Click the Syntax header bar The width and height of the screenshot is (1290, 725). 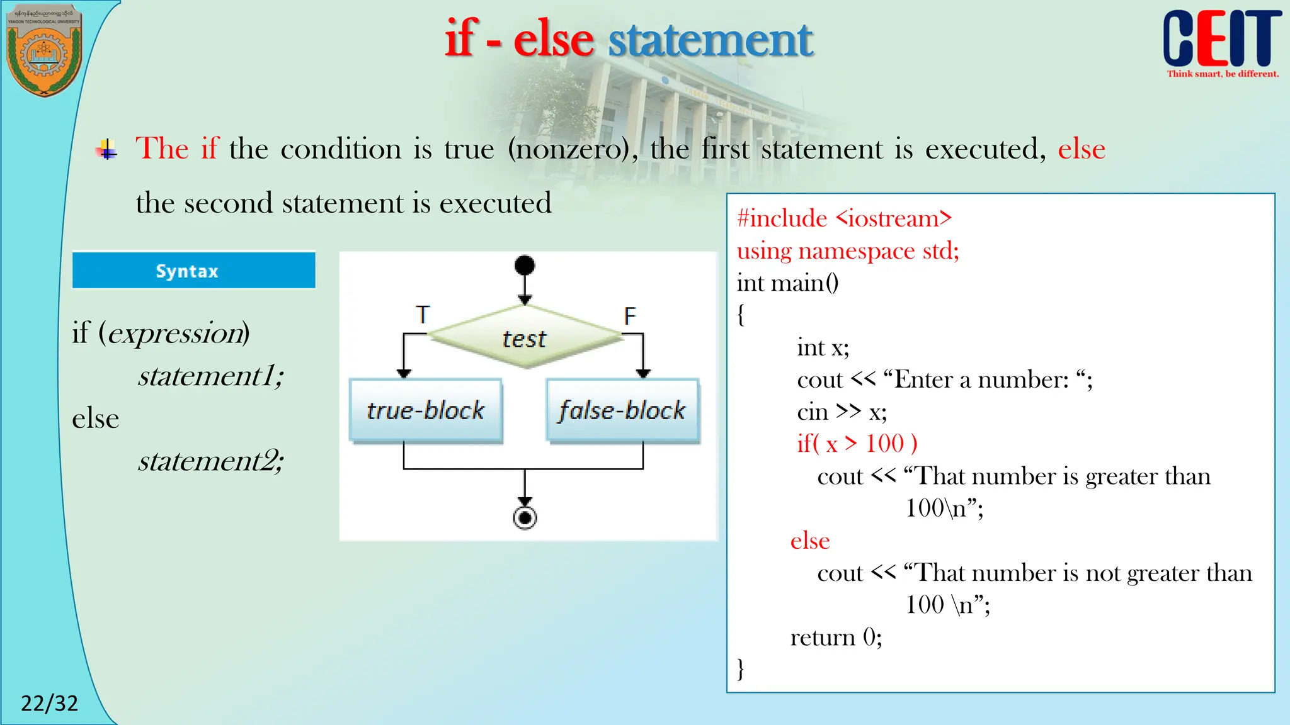tap(193, 271)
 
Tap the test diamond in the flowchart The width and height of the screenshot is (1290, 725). tap(525, 338)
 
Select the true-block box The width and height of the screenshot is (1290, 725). tap(426, 410)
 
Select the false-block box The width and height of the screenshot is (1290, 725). tap(622, 410)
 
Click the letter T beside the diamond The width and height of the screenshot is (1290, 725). tap(423, 314)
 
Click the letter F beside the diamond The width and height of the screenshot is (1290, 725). tap(629, 315)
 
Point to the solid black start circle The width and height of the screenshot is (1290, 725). tap(525, 265)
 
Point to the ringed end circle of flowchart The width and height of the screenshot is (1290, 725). tap(525, 518)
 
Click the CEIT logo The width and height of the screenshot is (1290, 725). tap(1221, 41)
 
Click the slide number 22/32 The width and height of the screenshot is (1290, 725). tap(49, 703)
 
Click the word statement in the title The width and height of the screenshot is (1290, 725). tap(710, 40)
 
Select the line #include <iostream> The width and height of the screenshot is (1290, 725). tap(844, 218)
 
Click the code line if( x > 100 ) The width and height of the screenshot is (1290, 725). tap(857, 444)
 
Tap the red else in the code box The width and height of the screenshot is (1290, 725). tap(810, 541)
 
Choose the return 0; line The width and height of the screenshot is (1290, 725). tap(836, 638)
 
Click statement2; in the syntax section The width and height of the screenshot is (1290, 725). tap(211, 461)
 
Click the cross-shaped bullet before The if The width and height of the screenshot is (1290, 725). tap(107, 150)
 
